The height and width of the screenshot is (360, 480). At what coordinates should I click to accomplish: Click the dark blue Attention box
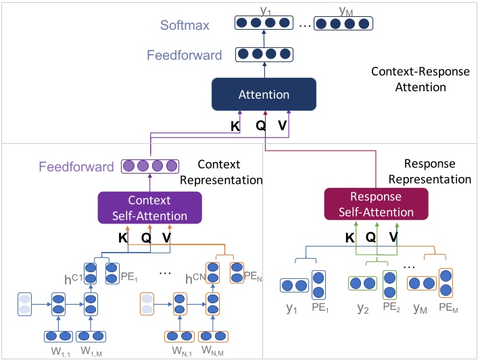pyautogui.click(x=264, y=95)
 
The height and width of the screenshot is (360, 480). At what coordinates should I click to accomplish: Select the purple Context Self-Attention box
pyautogui.click(x=149, y=208)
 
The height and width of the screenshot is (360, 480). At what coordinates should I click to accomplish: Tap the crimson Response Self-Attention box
pyautogui.click(x=377, y=204)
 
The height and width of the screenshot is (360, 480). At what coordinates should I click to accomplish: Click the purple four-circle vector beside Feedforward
pyautogui.click(x=149, y=165)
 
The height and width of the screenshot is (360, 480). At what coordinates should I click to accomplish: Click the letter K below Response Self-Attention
pyautogui.click(x=350, y=237)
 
